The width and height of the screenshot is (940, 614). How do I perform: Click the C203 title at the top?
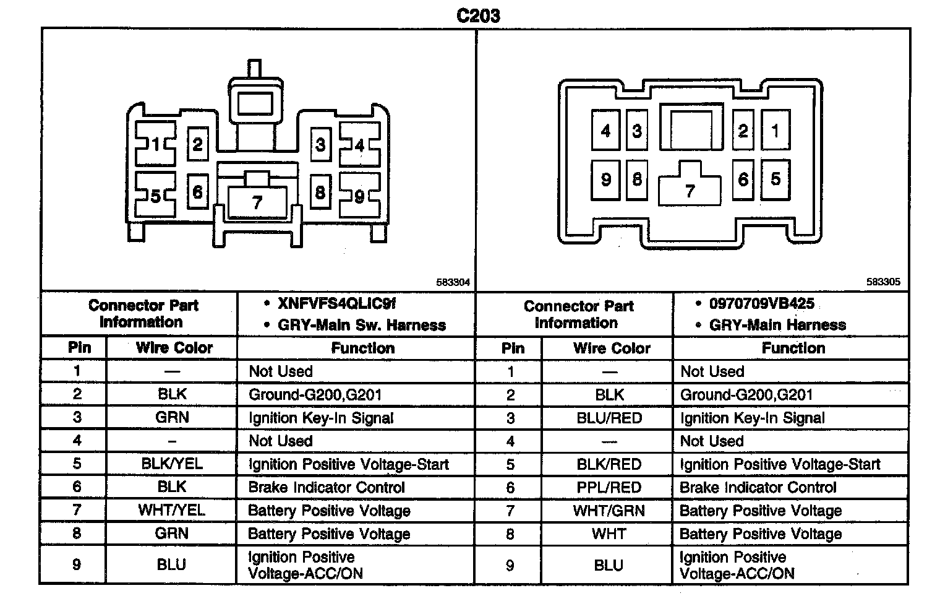(478, 15)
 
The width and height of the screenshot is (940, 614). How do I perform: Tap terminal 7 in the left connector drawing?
(257, 202)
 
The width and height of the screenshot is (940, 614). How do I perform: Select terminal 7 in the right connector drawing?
(690, 191)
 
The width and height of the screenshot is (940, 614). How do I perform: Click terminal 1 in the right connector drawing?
(775, 130)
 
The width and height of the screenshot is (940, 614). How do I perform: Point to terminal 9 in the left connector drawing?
(359, 196)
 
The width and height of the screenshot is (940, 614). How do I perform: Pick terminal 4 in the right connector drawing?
(605, 130)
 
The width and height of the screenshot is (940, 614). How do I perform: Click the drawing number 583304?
(453, 282)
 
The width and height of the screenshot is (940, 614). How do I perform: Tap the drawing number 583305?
(883, 282)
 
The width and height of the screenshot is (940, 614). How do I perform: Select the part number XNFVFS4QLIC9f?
(336, 303)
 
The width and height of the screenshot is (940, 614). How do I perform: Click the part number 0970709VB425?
(762, 304)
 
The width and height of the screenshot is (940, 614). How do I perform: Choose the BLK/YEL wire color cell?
(172, 464)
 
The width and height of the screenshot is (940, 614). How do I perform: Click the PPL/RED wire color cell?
(609, 487)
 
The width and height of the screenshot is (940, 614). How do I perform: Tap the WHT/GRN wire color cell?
(609, 511)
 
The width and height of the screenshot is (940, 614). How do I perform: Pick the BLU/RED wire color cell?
(609, 418)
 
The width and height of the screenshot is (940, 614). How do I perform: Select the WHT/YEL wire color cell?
(172, 510)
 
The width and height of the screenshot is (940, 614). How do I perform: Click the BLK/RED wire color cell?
(609, 464)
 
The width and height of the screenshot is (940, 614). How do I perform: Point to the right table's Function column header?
(793, 348)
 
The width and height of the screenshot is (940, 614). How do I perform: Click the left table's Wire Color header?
(174, 348)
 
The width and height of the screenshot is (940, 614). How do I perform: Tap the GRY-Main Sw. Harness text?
(362, 325)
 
